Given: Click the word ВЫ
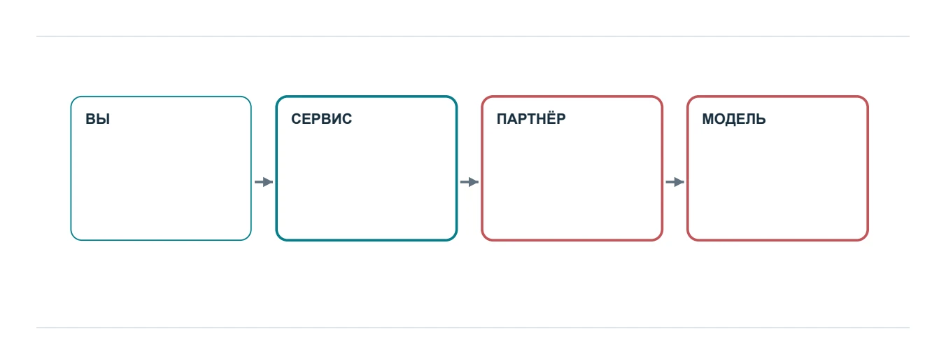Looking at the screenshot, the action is click(x=97, y=119).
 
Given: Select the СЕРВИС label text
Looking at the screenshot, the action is click(x=321, y=119).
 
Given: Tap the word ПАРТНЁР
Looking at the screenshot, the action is click(x=531, y=118).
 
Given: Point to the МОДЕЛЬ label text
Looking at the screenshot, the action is click(x=733, y=120).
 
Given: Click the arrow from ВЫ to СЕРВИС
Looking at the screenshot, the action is click(x=264, y=182).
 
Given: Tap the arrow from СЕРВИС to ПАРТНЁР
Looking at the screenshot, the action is click(x=470, y=182).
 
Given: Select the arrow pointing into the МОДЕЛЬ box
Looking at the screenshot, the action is click(x=675, y=182).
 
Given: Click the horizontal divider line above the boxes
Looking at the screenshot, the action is click(x=473, y=36).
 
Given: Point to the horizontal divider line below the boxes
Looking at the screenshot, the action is click(x=473, y=328).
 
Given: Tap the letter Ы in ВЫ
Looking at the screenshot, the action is click(x=103, y=119).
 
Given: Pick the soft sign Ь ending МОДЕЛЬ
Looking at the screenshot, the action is click(x=761, y=119).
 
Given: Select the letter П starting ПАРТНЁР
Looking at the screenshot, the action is click(x=502, y=119).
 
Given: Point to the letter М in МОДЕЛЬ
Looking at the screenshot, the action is click(x=708, y=119).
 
